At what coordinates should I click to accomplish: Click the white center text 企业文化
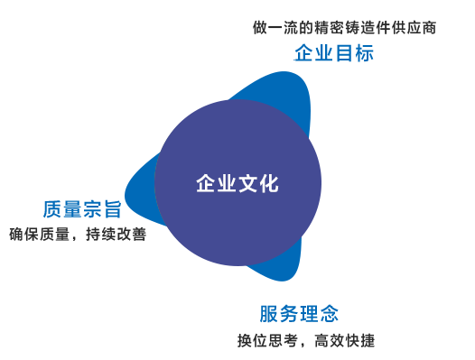click(237, 183)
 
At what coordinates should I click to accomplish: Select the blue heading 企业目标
click(334, 53)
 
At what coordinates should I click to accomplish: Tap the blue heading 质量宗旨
click(82, 209)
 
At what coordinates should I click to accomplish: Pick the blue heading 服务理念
click(299, 314)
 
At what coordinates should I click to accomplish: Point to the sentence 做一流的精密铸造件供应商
click(344, 28)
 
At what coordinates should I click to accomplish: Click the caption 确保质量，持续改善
click(78, 234)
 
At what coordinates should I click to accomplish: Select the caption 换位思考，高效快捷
click(306, 340)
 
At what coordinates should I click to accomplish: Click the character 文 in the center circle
click(248, 183)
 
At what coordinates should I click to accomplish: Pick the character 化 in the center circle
click(269, 183)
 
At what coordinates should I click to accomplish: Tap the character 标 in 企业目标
click(365, 53)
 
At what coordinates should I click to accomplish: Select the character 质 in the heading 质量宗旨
click(52, 209)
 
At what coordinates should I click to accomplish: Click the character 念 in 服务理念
click(330, 314)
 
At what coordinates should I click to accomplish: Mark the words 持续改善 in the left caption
click(116, 234)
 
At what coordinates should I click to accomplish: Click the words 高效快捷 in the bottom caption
click(344, 340)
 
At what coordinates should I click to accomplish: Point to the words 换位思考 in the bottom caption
click(268, 340)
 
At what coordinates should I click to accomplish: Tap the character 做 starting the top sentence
click(260, 28)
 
